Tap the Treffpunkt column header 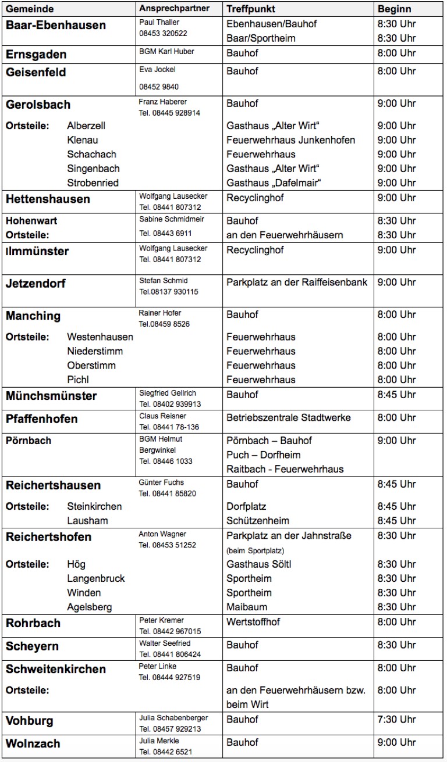click(250, 9)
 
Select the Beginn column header click(394, 9)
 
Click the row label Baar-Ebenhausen click(56, 26)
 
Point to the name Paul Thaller click(159, 22)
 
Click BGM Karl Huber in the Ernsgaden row click(166, 52)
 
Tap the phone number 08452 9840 click(159, 87)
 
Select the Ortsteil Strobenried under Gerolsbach click(93, 183)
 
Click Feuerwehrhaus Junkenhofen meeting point click(290, 140)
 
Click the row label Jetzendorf click(36, 284)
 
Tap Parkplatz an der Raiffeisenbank click(297, 282)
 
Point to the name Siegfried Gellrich click(168, 393)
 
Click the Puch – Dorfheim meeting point click(263, 455)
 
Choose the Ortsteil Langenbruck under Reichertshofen click(95, 579)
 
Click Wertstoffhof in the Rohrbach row click(253, 622)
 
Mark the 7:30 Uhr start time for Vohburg click(396, 720)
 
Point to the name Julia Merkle click(159, 741)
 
